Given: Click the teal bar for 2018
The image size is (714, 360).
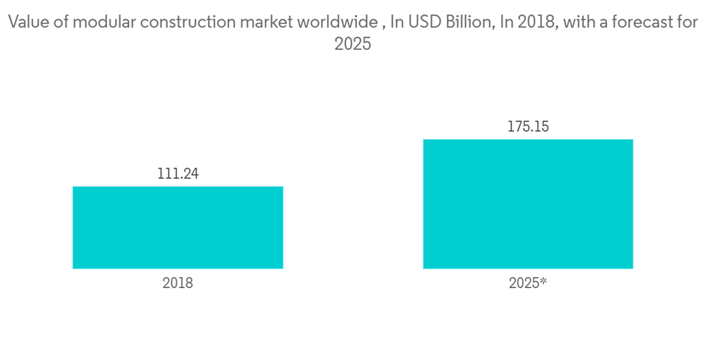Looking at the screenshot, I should pos(178,227).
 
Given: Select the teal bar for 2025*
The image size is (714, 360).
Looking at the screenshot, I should pos(528,204).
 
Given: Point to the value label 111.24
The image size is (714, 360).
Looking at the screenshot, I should pos(178,174).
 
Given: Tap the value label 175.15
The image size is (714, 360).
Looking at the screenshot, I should pos(528,127).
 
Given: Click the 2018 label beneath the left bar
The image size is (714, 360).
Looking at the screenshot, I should pos(178,283).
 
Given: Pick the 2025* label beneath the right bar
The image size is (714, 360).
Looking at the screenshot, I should pos(528,283).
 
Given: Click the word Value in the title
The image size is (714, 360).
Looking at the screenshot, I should pos(27,22).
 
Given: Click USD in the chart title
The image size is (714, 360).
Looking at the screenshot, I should pos(421,22).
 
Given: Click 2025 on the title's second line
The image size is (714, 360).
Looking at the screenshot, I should pos(353,44).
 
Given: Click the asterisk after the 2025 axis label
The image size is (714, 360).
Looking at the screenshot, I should pos(544,281).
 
